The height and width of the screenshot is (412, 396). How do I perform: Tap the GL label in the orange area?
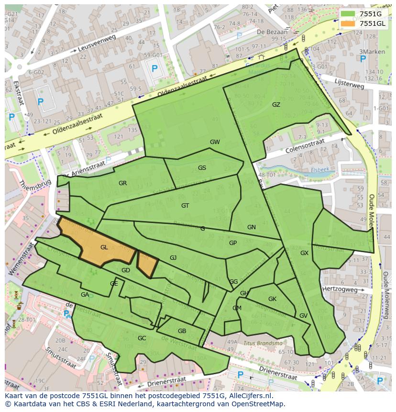coord(104,247)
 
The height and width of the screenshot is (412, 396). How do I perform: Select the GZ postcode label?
coord(276,105)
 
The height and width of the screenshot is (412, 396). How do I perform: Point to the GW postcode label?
coord(215,142)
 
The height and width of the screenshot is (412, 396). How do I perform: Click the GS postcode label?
coord(202,168)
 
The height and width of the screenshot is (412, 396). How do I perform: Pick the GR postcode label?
coord(123,183)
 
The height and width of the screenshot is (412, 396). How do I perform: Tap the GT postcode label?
coord(185,206)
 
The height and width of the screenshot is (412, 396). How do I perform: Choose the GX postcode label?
coord(304,253)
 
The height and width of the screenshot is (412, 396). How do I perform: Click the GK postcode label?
coord(272,299)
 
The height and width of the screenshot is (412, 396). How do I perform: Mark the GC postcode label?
coord(142,338)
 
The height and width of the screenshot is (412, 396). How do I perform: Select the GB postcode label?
coord(182,331)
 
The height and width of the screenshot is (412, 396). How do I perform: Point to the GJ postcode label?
coord(173,258)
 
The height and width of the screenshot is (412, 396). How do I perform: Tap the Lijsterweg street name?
coord(350,84)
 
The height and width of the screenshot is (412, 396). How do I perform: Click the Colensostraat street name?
coord(305,145)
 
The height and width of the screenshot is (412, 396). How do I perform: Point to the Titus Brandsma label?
coord(263,343)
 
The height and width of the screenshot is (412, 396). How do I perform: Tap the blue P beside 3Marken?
coord(363,59)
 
